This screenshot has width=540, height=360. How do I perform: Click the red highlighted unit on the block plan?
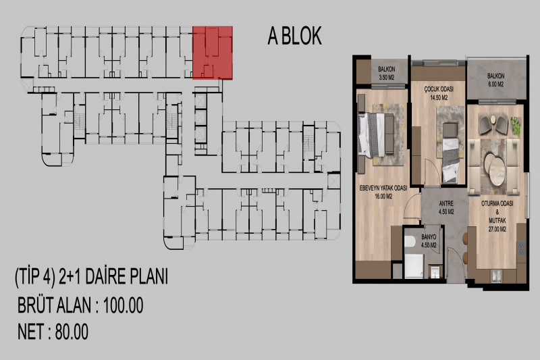pos(213,53)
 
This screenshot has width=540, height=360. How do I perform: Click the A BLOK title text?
pos(295,36)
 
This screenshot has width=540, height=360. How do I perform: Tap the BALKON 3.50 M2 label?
pos(387,74)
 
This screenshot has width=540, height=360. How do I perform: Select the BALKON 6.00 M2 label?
pos(495,80)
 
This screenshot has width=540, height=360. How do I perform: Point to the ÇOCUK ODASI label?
pos(438,90)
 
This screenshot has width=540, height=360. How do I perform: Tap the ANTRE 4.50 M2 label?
pos(446,207)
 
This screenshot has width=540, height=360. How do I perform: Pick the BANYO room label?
pos(429,237)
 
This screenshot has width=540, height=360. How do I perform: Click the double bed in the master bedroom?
pos(376,134)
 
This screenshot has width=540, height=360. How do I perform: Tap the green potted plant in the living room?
pos(516,126)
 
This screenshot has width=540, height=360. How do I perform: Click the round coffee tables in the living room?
pos(495,169)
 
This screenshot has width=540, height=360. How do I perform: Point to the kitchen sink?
pos(497,276)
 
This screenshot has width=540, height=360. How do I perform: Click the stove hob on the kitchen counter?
pos(521,249)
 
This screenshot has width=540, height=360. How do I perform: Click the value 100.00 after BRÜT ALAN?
pos(124,305)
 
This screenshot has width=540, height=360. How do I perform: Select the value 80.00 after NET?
pos(72,332)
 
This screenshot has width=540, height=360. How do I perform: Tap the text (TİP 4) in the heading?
pos(35,277)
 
